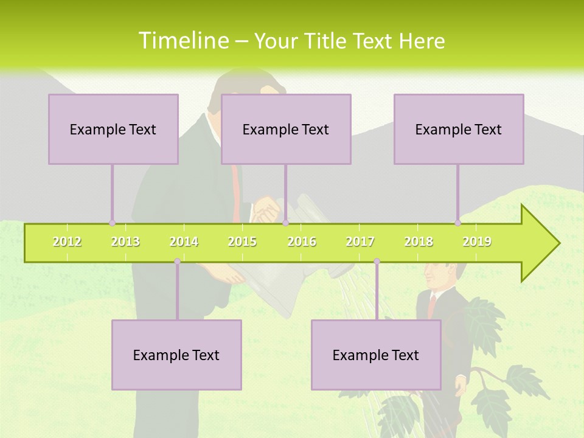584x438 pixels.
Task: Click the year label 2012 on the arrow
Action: [x=67, y=242]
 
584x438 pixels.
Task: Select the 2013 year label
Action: [x=125, y=242]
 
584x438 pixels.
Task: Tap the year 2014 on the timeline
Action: [x=184, y=242]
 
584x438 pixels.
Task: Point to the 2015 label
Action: [x=242, y=242]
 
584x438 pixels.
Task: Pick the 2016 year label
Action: [x=302, y=242]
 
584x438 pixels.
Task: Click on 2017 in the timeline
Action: [x=360, y=242]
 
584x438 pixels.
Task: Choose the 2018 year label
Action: [x=419, y=242]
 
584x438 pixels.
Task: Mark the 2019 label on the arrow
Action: [x=477, y=242]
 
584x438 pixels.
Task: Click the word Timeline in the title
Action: [x=183, y=41]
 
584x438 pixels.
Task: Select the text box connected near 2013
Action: [x=113, y=129]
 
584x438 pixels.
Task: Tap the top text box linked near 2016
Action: [x=286, y=129]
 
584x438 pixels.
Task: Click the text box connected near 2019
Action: [x=459, y=129]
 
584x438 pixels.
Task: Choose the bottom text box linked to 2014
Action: [x=176, y=355]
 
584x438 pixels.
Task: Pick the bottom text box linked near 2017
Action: [x=376, y=355]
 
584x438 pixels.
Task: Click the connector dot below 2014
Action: [x=177, y=262]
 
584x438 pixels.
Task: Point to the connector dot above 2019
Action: [x=457, y=223]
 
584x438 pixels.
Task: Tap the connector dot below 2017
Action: [x=377, y=262]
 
